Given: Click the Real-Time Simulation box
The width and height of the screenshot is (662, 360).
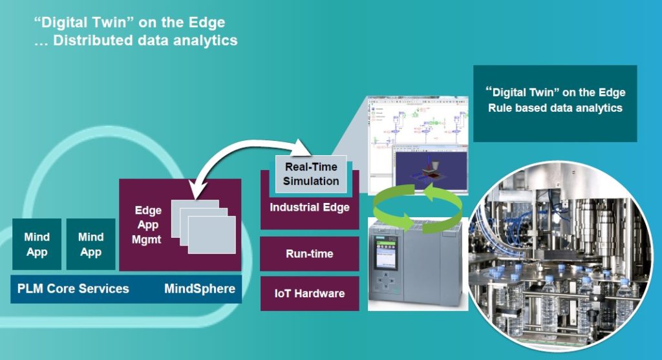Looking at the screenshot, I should [x=311, y=174].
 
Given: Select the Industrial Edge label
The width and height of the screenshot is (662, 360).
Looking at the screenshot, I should [x=310, y=207].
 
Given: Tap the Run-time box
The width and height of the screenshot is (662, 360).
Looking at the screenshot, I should [x=310, y=254].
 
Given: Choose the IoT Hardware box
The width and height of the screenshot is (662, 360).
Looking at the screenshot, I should [x=310, y=293].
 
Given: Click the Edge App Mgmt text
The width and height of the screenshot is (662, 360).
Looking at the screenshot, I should [x=147, y=225].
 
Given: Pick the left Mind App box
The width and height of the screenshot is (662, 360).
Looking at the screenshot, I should [x=37, y=244].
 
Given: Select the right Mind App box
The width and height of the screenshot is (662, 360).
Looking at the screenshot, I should [x=91, y=244].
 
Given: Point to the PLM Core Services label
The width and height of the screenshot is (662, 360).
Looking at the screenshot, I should [x=73, y=289].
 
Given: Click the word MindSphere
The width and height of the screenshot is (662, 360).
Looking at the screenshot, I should [x=200, y=288].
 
